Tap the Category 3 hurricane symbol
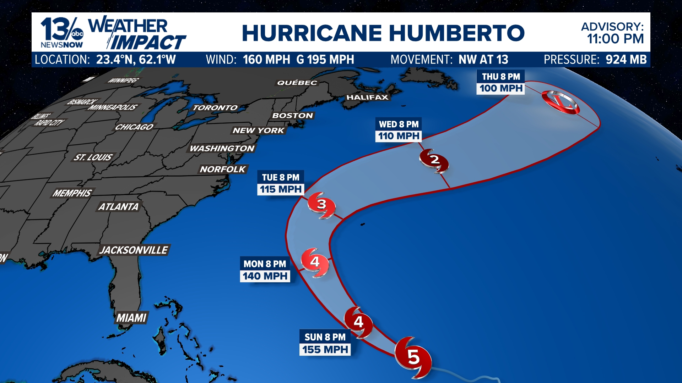pyautogui.click(x=321, y=205)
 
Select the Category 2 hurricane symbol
pyautogui.click(x=434, y=160)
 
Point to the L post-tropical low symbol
pyautogui.click(x=561, y=102)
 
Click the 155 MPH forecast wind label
pyautogui.click(x=325, y=350)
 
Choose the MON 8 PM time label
pyautogui.click(x=265, y=264)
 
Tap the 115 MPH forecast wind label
pyautogui.click(x=281, y=189)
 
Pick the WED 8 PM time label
pyautogui.click(x=399, y=124)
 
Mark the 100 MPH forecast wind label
pyautogui.click(x=501, y=88)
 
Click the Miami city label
pyautogui.click(x=131, y=318)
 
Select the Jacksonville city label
pyautogui.click(x=134, y=250)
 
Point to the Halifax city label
pyautogui.click(x=367, y=97)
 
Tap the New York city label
pyautogui.click(x=258, y=131)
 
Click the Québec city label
pyautogui.click(x=297, y=83)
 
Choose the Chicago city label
pyautogui.click(x=134, y=127)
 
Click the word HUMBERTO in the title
pyautogui.click(x=457, y=33)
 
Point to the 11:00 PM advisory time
pyautogui.click(x=615, y=39)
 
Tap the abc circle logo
pyautogui.click(x=77, y=34)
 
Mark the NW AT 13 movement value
pyautogui.click(x=483, y=60)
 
